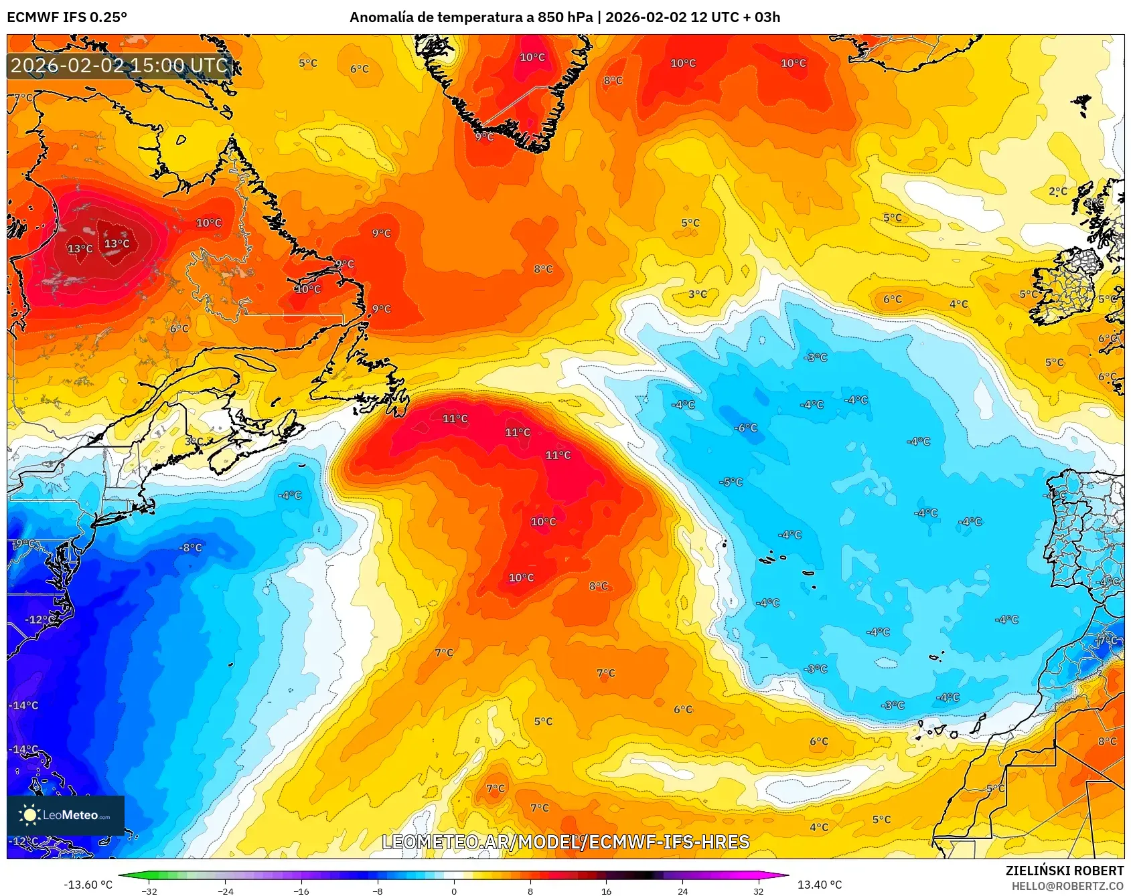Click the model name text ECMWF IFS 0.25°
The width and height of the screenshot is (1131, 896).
[66, 17]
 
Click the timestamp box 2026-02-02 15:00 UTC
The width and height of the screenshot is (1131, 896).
[120, 66]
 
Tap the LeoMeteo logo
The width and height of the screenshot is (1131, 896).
[65, 814]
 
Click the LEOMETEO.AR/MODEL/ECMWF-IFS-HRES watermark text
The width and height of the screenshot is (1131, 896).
[565, 842]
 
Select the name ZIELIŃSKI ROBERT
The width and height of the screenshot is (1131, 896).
[1064, 871]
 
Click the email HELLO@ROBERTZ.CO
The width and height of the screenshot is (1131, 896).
[1067, 886]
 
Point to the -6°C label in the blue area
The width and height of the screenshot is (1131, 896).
[745, 428]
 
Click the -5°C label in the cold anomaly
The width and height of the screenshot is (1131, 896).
[731, 482]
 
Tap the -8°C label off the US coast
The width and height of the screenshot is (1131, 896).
[190, 547]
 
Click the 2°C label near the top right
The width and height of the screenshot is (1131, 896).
[1058, 191]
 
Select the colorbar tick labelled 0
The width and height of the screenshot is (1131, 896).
[454, 891]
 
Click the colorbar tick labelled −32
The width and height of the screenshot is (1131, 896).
[149, 891]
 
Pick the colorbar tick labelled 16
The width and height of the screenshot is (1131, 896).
[606, 891]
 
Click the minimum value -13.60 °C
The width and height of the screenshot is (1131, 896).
[88, 885]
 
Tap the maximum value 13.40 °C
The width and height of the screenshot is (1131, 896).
[820, 885]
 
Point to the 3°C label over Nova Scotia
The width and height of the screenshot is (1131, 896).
[194, 442]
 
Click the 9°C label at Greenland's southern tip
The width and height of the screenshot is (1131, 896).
[484, 137]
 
